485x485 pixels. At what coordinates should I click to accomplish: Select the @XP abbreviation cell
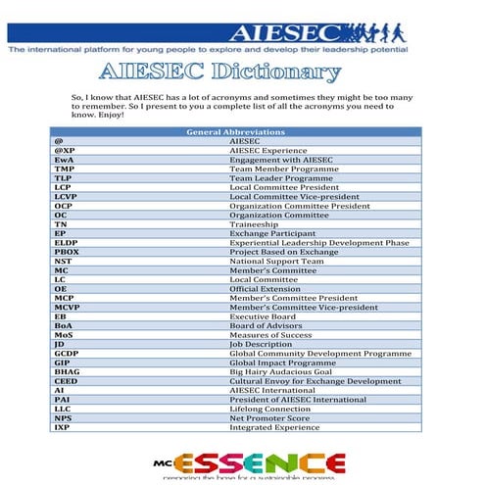(66, 151)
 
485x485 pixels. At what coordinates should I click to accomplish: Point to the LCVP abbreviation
(66, 197)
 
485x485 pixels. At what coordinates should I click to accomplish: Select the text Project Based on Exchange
(281, 252)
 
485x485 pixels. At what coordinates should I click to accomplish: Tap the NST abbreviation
(64, 262)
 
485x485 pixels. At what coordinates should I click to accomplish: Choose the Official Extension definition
(267, 289)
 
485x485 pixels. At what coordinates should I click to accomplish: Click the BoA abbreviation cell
(64, 326)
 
